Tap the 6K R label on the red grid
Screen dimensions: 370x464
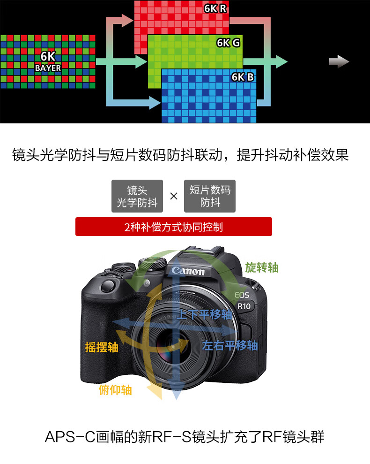pyautogui.click(x=215, y=8)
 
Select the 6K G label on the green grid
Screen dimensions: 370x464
pyautogui.click(x=228, y=43)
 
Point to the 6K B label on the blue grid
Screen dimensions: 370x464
pyautogui.click(x=243, y=77)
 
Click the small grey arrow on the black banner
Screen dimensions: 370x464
pyautogui.click(x=339, y=61)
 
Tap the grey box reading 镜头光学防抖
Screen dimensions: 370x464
pyautogui.click(x=137, y=196)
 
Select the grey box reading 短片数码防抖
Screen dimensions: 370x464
pyautogui.click(x=210, y=196)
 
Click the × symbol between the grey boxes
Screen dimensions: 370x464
pyautogui.click(x=174, y=196)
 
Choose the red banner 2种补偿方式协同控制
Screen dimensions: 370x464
pyautogui.click(x=174, y=227)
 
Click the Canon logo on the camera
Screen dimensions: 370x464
pyautogui.click(x=188, y=270)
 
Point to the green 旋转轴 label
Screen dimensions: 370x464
pyautogui.click(x=262, y=267)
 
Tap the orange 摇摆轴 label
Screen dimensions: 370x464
pyautogui.click(x=102, y=347)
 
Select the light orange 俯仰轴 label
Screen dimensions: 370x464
pyautogui.click(x=115, y=390)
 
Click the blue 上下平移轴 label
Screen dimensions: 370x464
pyautogui.click(x=205, y=314)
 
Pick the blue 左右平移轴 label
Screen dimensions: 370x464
pyautogui.click(x=230, y=345)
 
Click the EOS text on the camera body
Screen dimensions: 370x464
pyautogui.click(x=242, y=295)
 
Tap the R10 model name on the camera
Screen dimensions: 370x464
pyautogui.click(x=244, y=306)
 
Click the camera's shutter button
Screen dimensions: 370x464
pyautogui.click(x=108, y=286)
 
